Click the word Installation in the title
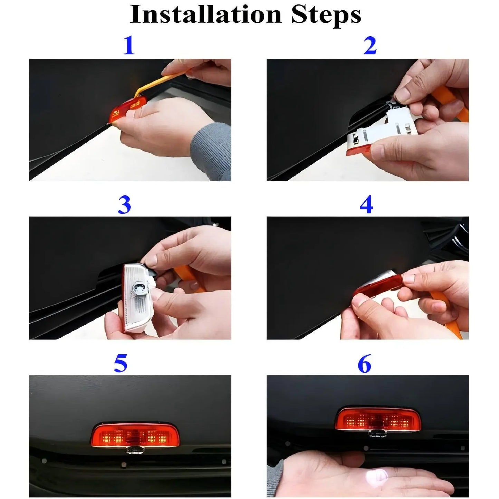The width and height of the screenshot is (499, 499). click(205, 15)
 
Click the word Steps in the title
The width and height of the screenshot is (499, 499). click(326, 15)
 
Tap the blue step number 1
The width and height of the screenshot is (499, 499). click(129, 46)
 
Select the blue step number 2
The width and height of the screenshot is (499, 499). click(370, 46)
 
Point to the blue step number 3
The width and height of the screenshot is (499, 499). click(124, 205)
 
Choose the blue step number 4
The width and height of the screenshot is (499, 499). click(366, 205)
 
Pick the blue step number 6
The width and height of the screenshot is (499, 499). click(364, 364)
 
